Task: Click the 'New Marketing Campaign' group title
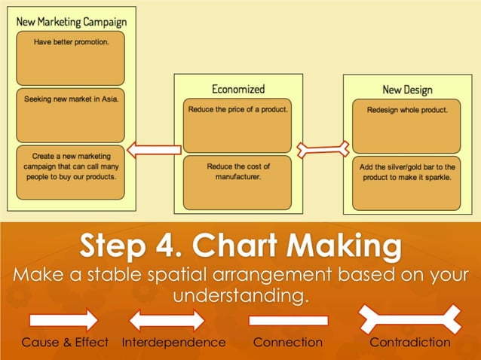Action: coord(71,20)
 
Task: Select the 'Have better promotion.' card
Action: coord(70,58)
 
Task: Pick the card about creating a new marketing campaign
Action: coord(70,172)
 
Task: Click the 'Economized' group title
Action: coord(238,89)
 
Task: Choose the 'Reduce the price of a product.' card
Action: coord(237,125)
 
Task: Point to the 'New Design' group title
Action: coord(407,90)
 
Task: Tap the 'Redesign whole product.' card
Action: coord(407,125)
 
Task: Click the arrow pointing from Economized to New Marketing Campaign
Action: coord(154,150)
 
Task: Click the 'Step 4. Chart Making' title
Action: coord(240,247)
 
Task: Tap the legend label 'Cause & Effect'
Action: coord(65,343)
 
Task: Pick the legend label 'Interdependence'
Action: coord(173,343)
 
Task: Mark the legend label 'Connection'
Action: coord(287,343)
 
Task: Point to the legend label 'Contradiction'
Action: coord(409,343)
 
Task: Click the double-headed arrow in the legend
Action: coord(167,320)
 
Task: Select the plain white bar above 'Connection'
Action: coord(288,320)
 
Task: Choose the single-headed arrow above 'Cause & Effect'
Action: coord(63,320)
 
